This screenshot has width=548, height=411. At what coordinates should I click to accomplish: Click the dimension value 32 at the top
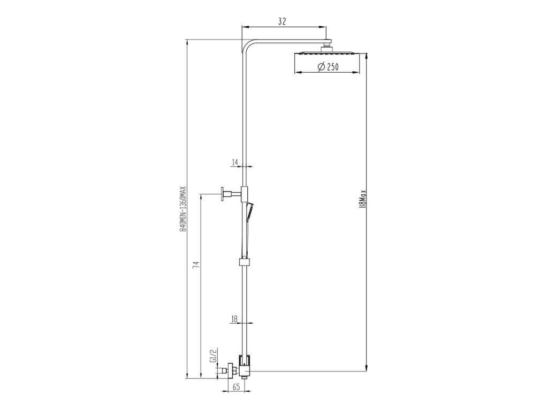[x=282, y=21]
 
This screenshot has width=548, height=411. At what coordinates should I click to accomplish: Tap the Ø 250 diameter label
[x=328, y=66]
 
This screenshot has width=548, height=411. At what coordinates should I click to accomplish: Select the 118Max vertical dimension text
[x=362, y=199]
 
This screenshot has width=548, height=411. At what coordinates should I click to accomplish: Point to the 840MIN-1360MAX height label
[x=182, y=208]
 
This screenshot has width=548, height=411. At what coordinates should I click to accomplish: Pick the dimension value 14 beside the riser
[x=234, y=162]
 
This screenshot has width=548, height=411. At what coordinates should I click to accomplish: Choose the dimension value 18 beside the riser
[x=234, y=319]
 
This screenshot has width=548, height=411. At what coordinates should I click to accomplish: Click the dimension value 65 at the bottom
[x=236, y=387]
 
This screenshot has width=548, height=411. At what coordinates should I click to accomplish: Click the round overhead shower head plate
[x=327, y=54]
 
